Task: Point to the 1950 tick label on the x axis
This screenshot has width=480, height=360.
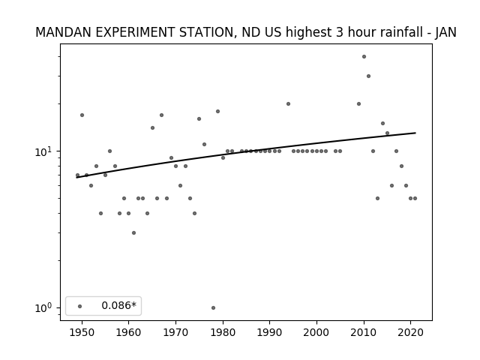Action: click(x=82, y=332)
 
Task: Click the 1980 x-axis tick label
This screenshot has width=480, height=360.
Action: click(x=223, y=332)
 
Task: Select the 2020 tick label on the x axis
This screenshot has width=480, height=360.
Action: click(x=410, y=332)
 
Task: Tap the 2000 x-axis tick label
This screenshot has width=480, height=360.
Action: click(x=316, y=332)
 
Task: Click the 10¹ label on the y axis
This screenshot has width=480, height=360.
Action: click(x=44, y=151)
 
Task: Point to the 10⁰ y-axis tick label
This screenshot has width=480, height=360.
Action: click(x=44, y=307)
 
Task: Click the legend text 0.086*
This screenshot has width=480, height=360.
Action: click(x=118, y=305)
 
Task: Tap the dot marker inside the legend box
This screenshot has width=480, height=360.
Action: click(x=80, y=306)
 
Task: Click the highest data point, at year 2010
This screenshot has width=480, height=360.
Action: click(x=364, y=57)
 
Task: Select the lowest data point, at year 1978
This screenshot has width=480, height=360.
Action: click(x=213, y=307)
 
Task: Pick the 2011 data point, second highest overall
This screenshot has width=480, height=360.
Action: click(x=368, y=76)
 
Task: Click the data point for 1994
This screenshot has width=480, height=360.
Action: click(x=288, y=103)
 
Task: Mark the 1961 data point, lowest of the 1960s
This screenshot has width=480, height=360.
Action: click(x=133, y=233)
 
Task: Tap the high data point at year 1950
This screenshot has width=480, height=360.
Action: click(x=82, y=115)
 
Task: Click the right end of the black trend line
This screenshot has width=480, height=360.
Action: click(x=415, y=133)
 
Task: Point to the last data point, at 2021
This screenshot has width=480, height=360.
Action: click(x=415, y=198)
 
